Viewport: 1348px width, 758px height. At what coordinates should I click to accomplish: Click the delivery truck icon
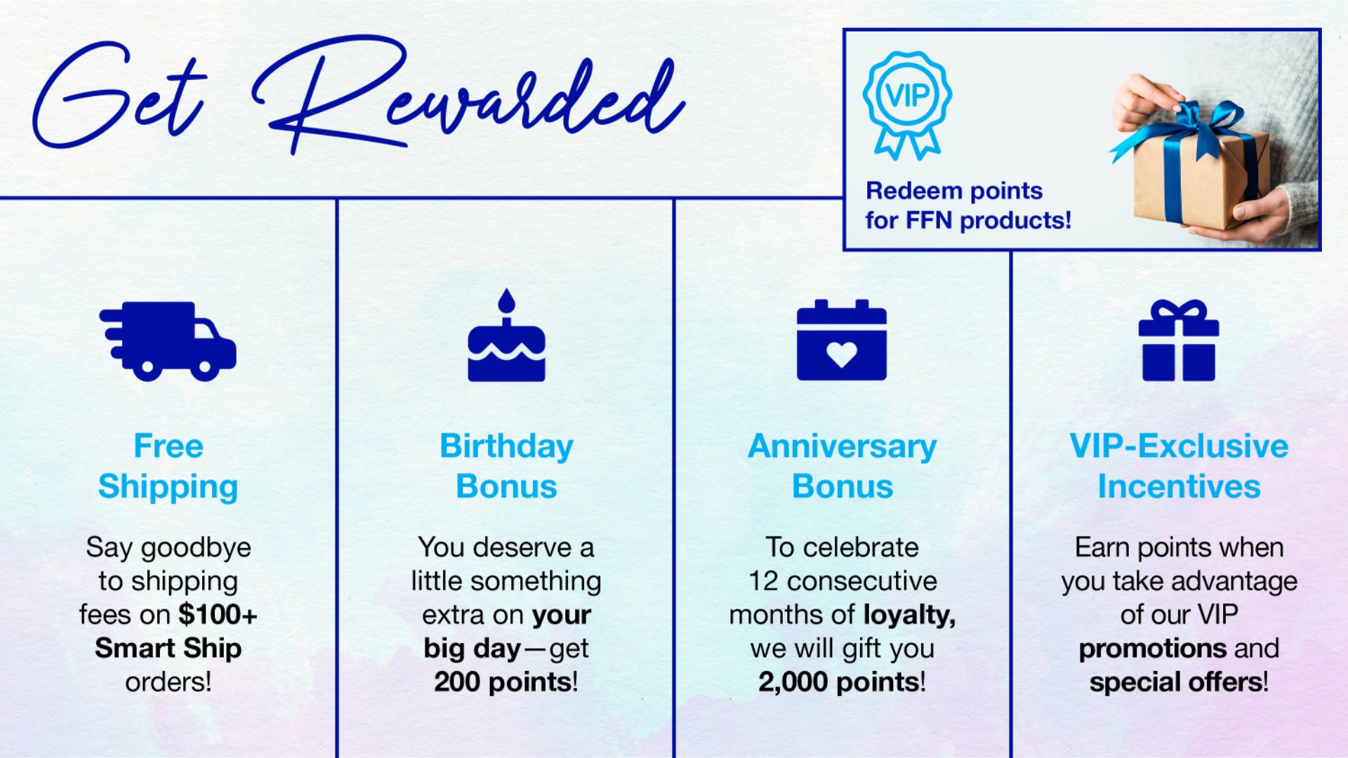click(168, 341)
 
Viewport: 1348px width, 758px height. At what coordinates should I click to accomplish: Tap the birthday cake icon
click(506, 335)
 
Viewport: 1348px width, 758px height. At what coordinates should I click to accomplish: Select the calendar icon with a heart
click(842, 340)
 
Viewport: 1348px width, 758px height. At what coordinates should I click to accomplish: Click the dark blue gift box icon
click(1179, 340)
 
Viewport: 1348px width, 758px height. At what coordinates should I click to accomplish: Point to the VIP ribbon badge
click(907, 104)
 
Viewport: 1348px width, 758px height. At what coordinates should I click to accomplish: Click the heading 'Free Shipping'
click(168, 466)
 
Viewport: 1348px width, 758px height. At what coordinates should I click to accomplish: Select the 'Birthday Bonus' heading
click(506, 466)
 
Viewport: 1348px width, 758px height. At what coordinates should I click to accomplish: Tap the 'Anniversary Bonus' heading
click(842, 466)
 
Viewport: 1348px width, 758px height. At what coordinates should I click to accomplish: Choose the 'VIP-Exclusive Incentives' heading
click(1179, 466)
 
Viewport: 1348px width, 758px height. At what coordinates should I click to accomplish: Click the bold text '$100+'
click(218, 614)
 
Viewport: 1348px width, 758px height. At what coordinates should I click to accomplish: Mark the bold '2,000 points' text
click(839, 681)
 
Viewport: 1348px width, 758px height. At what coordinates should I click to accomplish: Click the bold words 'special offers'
click(1176, 682)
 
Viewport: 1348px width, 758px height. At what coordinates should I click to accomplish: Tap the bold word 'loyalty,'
click(909, 616)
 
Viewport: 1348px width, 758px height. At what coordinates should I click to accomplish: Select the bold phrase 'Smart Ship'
click(168, 649)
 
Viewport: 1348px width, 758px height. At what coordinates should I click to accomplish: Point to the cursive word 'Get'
click(119, 95)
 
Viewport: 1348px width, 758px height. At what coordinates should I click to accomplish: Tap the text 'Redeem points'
click(954, 191)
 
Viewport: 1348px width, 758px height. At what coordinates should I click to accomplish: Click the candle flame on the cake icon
click(506, 301)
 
